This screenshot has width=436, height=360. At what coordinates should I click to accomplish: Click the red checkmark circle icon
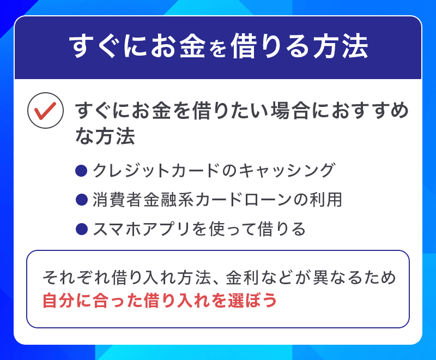click(43, 112)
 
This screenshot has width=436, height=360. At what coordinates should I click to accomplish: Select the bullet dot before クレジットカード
click(81, 170)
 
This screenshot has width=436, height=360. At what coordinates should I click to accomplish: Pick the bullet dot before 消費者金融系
click(81, 200)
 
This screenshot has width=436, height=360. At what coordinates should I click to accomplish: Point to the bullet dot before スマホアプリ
click(81, 229)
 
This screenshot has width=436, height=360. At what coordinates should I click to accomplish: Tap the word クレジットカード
click(150, 170)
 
